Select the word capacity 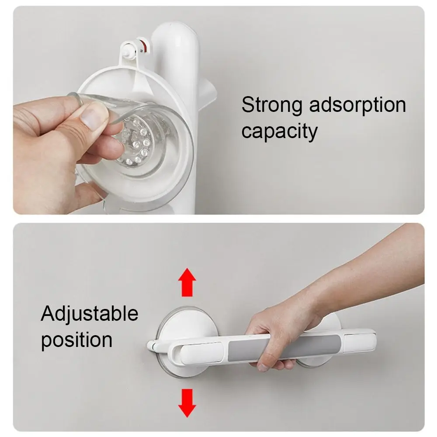click(x=280, y=131)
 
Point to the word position click(x=77, y=340)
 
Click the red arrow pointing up click(x=186, y=283)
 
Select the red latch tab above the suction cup click(x=143, y=44)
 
